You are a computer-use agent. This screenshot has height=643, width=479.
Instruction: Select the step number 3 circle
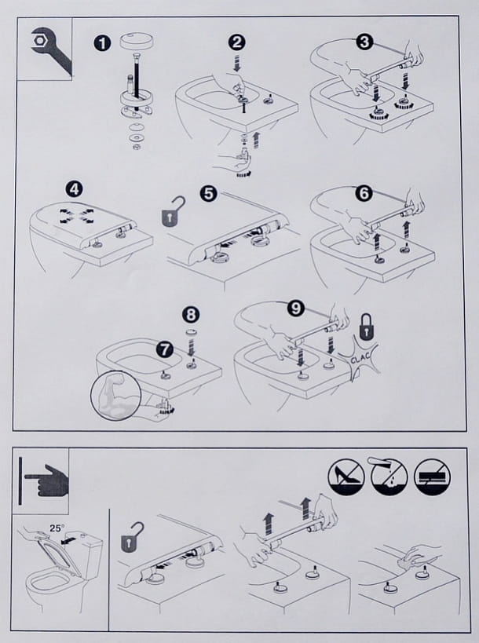(x=364, y=41)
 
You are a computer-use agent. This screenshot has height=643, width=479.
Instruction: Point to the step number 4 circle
(x=73, y=189)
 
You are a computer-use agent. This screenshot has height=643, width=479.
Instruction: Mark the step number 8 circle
(x=190, y=315)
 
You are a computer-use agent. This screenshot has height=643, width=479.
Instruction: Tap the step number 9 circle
(x=295, y=309)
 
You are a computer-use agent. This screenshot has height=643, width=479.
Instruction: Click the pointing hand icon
(x=45, y=480)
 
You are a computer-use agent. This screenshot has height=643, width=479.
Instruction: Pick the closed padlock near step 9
(x=365, y=324)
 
